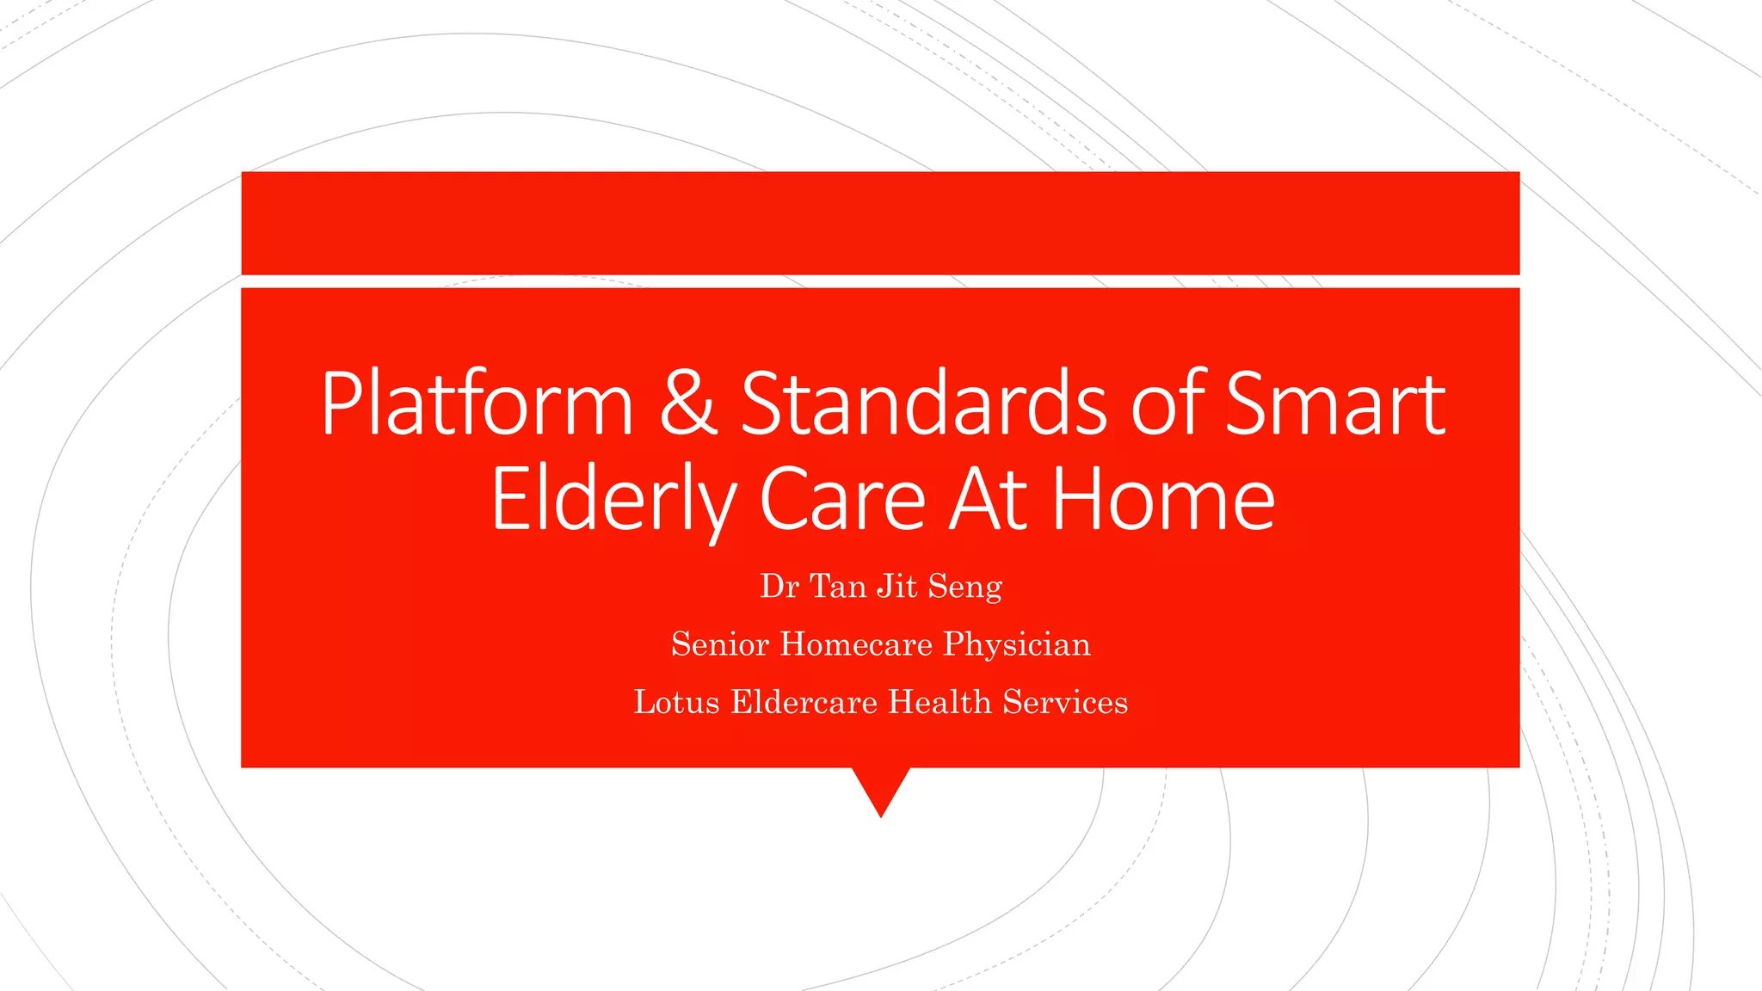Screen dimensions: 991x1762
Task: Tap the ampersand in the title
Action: tap(688, 403)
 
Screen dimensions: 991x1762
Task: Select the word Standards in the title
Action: tap(924, 403)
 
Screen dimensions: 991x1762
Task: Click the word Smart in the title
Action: tap(1334, 403)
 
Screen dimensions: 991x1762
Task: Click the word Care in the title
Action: tap(842, 499)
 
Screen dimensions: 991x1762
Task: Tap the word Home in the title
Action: tap(1163, 499)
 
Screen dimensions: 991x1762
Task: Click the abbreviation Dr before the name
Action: tap(779, 587)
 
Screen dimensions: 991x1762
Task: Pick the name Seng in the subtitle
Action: tap(964, 587)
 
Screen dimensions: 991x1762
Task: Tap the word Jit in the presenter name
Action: tap(897, 587)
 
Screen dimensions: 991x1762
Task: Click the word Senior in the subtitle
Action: tap(720, 644)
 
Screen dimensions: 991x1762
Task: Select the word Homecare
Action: tap(856, 644)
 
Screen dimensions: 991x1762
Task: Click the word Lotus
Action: tap(676, 702)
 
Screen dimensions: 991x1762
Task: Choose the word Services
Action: tap(1065, 702)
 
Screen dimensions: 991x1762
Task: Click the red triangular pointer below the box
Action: tap(881, 786)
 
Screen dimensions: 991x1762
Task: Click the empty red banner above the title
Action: tap(880, 223)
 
